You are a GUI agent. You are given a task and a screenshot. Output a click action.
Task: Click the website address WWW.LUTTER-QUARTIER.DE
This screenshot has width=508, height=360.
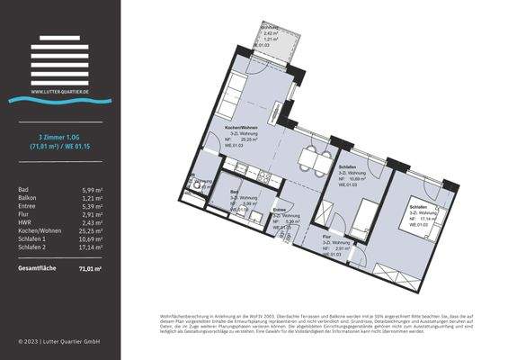pos(59,91)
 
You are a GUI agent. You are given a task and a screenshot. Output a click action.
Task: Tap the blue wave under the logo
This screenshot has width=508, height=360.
pos(59,99)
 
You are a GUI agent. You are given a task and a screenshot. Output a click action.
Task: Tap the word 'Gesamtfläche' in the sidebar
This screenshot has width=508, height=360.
pos(36,268)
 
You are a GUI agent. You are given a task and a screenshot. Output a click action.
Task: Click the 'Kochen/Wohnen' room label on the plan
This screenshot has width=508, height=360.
pos(243,130)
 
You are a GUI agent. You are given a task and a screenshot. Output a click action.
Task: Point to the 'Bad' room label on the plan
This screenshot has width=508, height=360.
pos(235,193)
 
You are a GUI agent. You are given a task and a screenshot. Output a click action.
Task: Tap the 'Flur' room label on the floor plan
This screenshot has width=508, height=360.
pos(328,237)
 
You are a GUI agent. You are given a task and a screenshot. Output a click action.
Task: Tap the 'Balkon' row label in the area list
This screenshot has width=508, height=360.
pos(29,199)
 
